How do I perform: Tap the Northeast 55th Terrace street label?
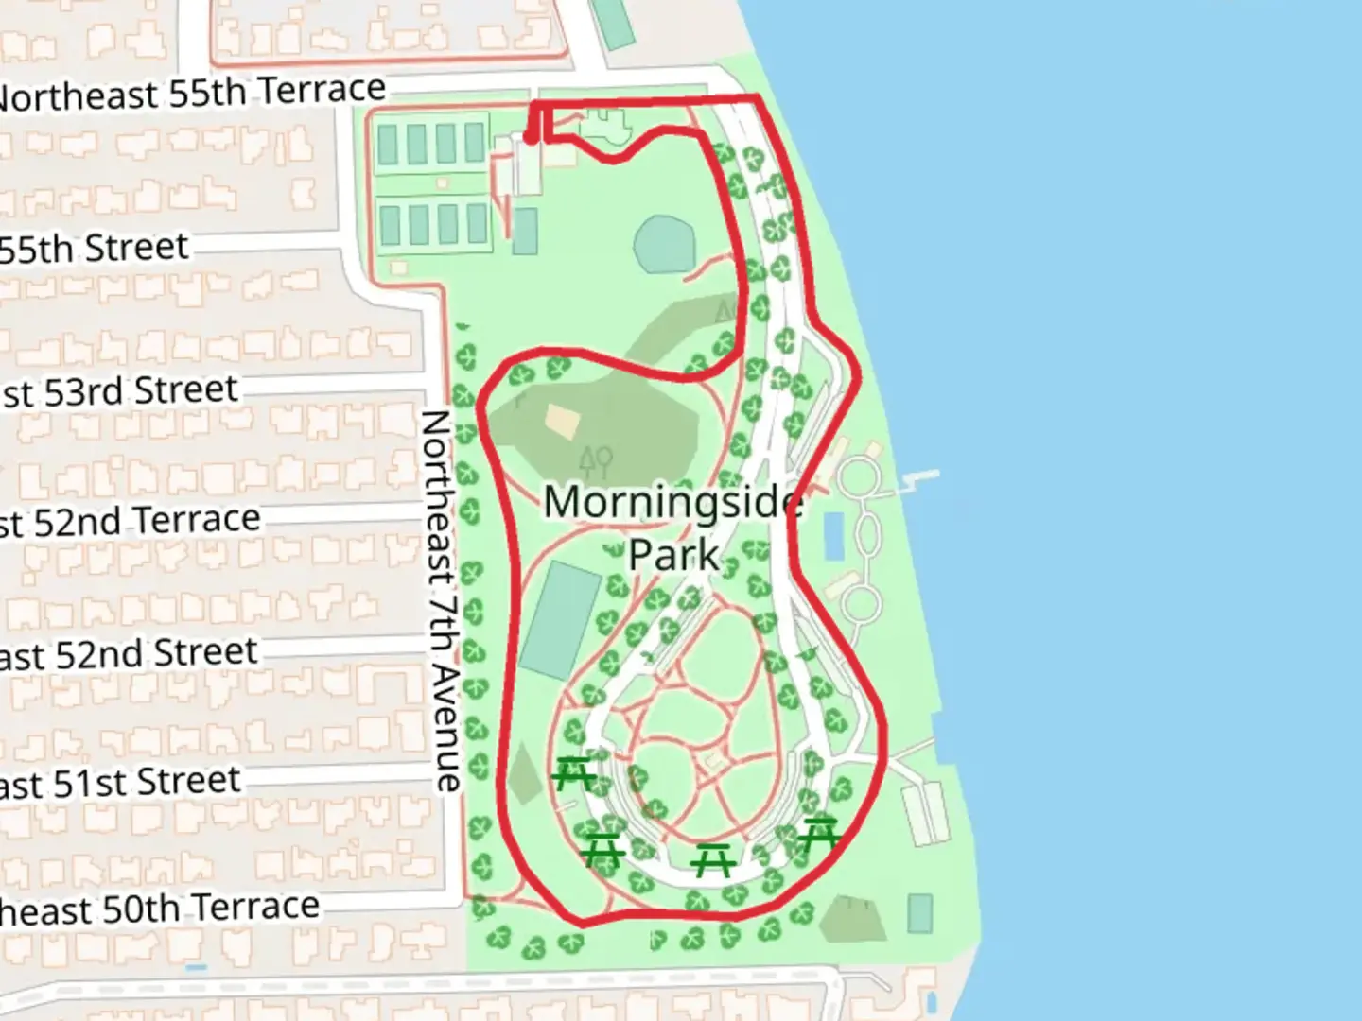(x=189, y=94)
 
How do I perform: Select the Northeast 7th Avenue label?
(x=441, y=600)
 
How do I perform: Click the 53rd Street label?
(x=119, y=391)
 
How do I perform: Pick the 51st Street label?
(x=120, y=783)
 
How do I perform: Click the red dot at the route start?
(x=531, y=139)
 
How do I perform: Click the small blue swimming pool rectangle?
(x=833, y=537)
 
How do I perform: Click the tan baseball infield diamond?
(x=562, y=422)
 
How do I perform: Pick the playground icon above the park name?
(x=596, y=460)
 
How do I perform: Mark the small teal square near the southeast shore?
(x=919, y=913)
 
